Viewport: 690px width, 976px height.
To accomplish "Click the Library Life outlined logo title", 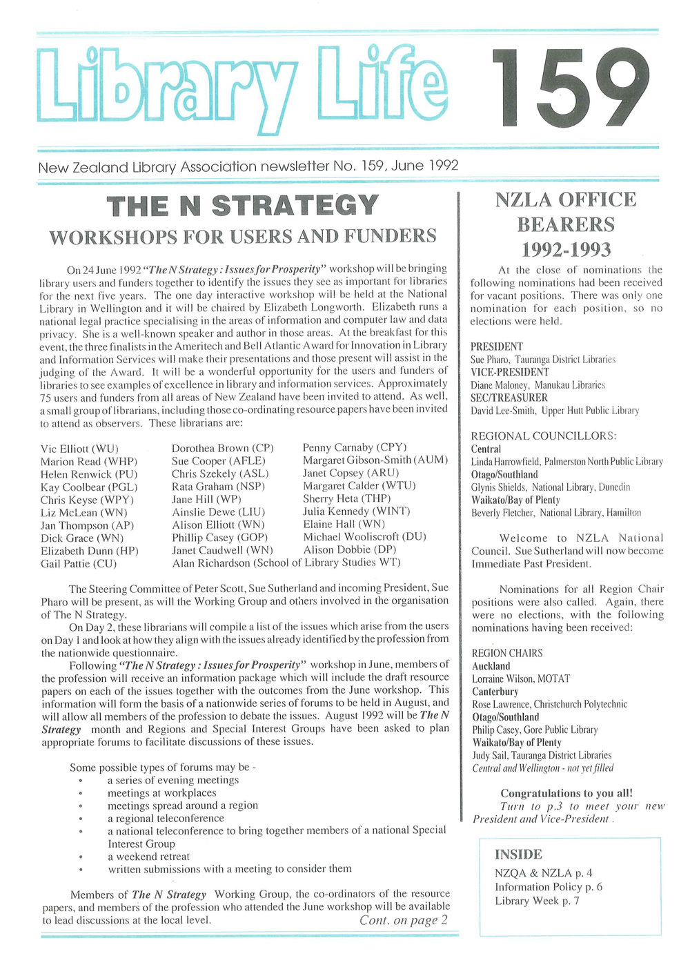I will (x=241, y=88).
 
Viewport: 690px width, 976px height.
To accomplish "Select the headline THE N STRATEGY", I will (x=243, y=206).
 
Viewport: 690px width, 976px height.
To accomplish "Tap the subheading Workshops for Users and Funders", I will (x=243, y=237).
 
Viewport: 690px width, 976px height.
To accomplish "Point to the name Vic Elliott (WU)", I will (x=79, y=449).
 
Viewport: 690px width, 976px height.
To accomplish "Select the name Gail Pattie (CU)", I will (x=79, y=564).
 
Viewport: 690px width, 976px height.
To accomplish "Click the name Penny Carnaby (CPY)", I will (x=355, y=447).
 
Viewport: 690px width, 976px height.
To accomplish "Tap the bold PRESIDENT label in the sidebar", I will (x=497, y=347).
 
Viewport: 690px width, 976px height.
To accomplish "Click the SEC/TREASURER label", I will (x=509, y=398).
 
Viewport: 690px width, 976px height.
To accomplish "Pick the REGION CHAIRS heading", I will (x=507, y=653).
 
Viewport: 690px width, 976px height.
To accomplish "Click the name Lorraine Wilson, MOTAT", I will (x=521, y=679).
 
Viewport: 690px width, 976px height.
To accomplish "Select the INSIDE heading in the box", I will (x=518, y=855).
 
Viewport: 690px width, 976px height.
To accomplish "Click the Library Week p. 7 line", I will (x=537, y=901).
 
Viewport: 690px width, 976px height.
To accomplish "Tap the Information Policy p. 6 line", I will (x=549, y=887).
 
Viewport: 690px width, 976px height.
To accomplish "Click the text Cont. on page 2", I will (x=404, y=920).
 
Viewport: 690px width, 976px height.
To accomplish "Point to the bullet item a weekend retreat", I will (x=148, y=857).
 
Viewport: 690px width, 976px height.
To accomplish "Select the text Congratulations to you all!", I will (x=566, y=793).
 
